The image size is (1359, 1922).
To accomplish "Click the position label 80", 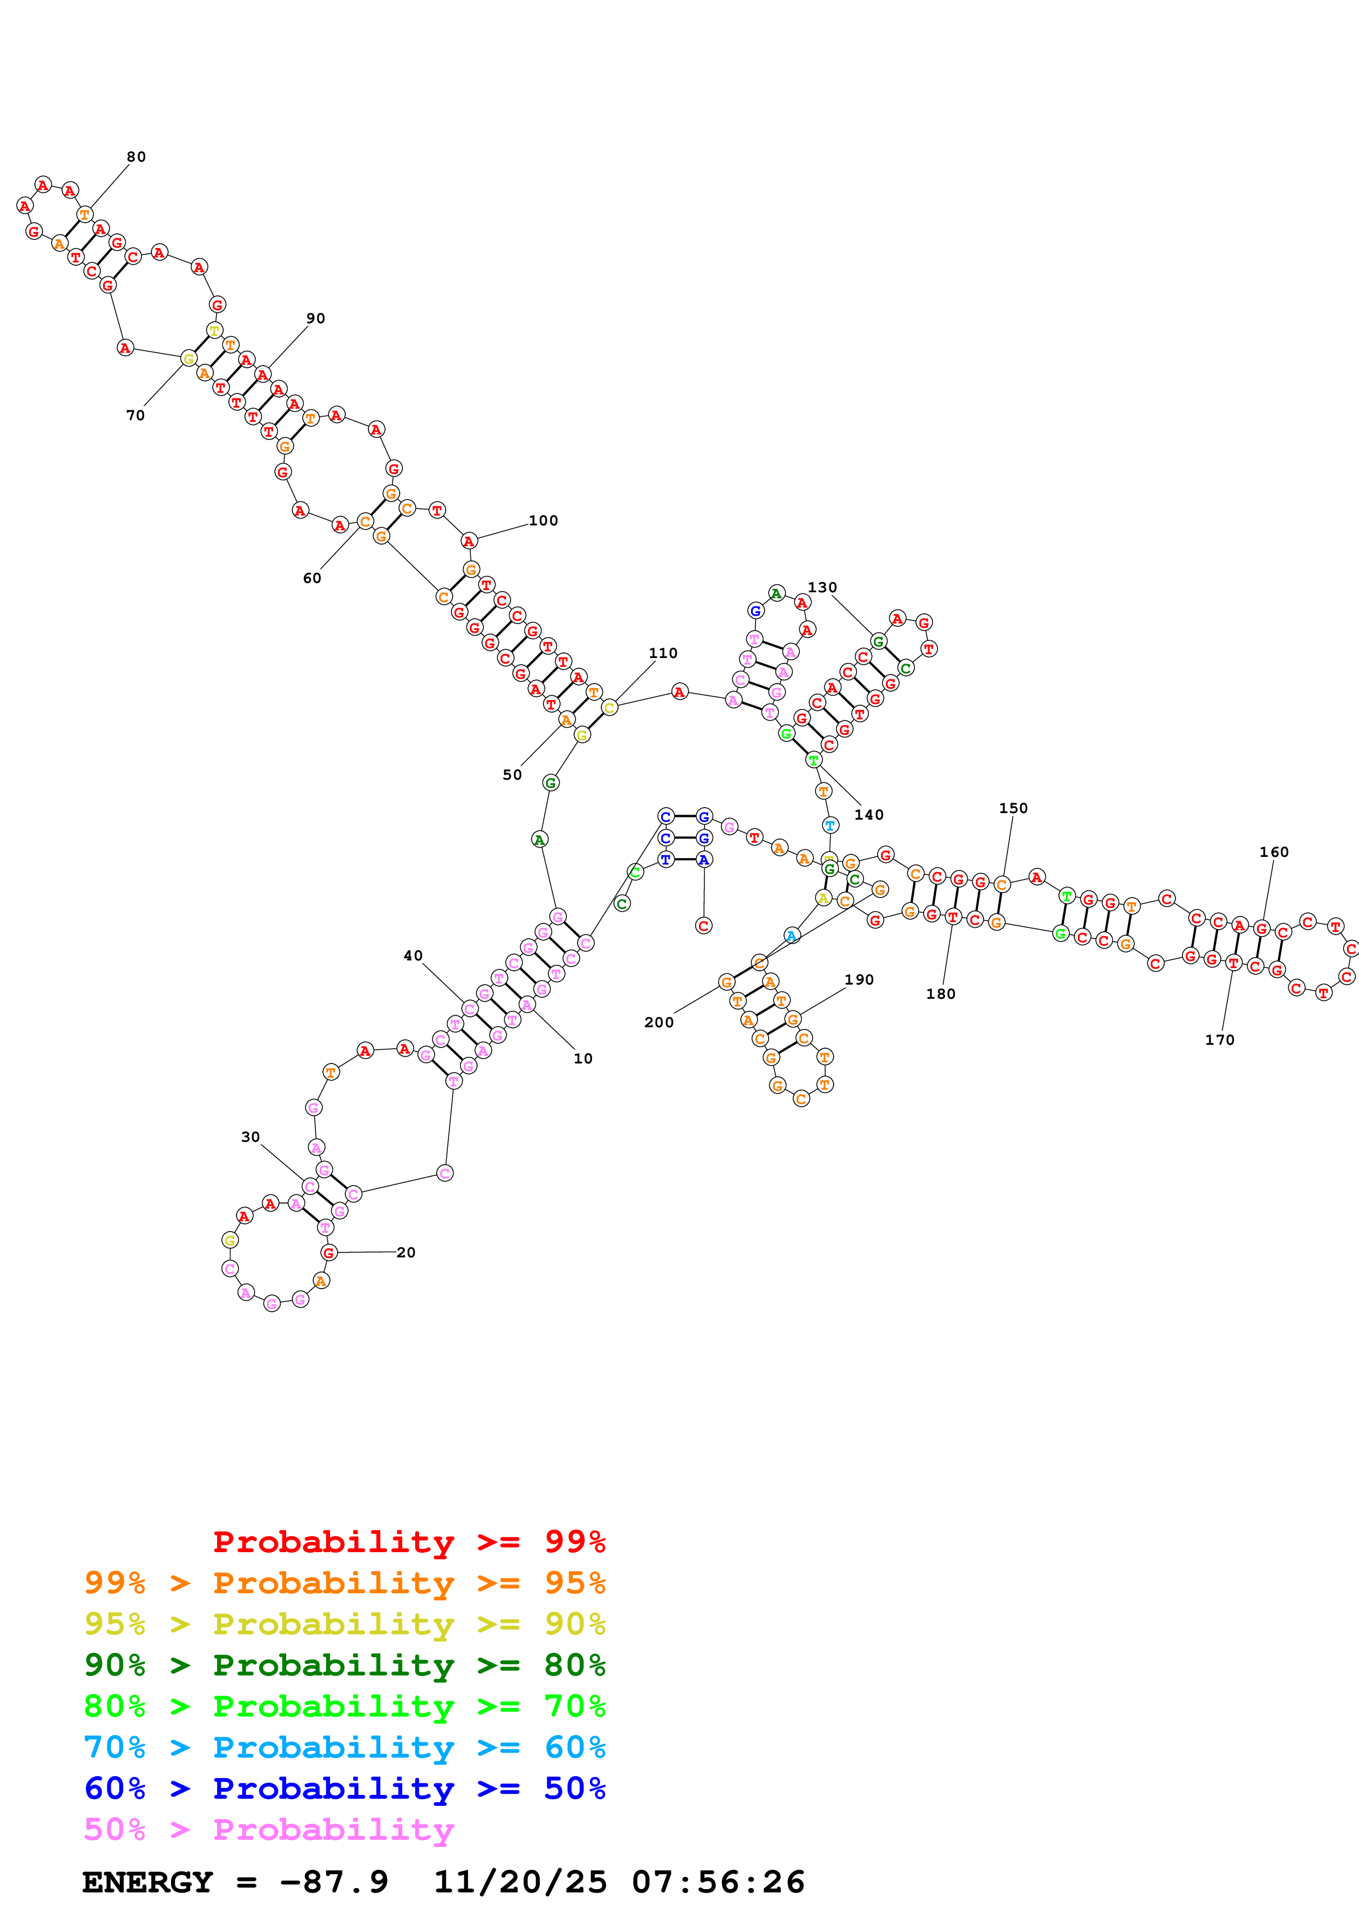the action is click(x=135, y=157).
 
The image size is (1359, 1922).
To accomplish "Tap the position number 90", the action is click(x=315, y=318).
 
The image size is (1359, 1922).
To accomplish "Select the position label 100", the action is click(x=543, y=520).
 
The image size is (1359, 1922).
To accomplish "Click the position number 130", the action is click(x=821, y=587).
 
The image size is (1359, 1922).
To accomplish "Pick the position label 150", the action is click(x=1013, y=808).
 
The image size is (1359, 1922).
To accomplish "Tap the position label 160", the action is click(x=1273, y=851).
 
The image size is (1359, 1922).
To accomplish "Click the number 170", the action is click(x=1219, y=1040).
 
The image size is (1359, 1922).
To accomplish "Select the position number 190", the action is click(x=858, y=980).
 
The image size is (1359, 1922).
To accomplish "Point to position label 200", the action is click(x=658, y=1022).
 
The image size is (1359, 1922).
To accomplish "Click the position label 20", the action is click(x=405, y=1252).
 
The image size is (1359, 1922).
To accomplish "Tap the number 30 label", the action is click(x=251, y=1137).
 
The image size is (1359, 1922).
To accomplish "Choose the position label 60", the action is click(x=311, y=577).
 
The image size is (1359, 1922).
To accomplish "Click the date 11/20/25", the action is click(x=520, y=1883).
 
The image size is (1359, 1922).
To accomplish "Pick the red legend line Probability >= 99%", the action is click(x=408, y=1542).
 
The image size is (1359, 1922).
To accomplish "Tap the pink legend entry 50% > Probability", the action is click(x=268, y=1830).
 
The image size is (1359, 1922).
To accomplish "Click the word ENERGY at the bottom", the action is click(x=147, y=1883).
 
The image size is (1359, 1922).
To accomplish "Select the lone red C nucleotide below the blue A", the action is click(x=703, y=926).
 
